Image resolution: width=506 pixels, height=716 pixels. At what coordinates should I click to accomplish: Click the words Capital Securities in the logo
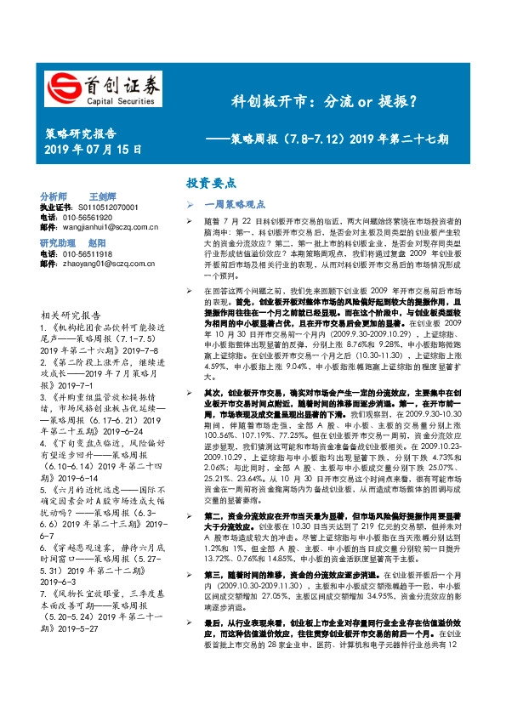point(117,99)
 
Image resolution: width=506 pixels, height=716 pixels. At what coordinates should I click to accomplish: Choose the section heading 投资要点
point(212,183)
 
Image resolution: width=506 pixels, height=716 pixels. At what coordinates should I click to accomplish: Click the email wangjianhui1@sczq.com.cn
point(105,227)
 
